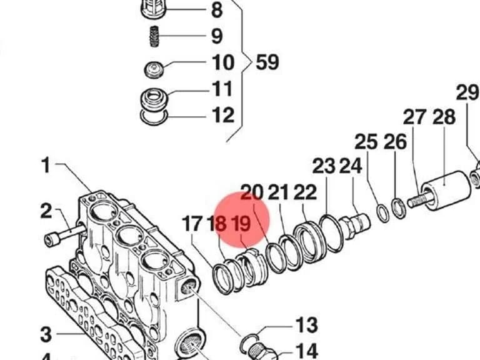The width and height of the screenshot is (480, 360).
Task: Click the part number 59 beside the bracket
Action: pos(267,62)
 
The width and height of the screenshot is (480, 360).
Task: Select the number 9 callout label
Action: pos(217,36)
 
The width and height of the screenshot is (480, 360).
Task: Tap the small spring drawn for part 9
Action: pos(154,36)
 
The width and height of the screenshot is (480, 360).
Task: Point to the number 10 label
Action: pos(223,62)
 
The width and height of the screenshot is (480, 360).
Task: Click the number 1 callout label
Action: pos(46,165)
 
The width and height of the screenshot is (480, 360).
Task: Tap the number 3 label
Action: pos(46,334)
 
